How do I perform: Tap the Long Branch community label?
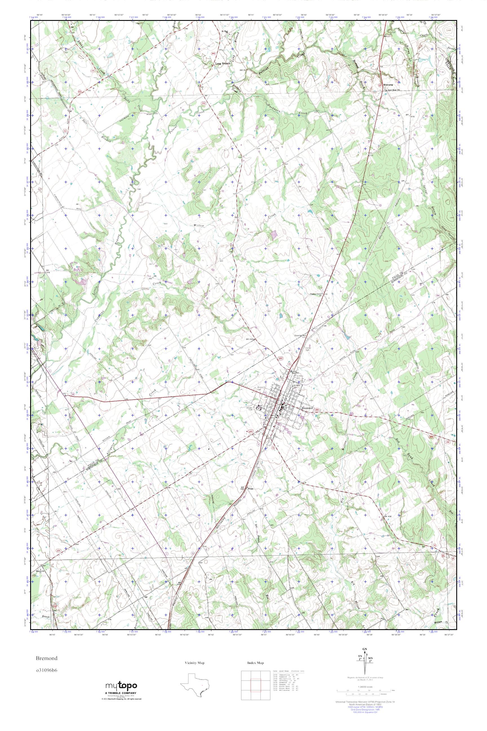222,63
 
